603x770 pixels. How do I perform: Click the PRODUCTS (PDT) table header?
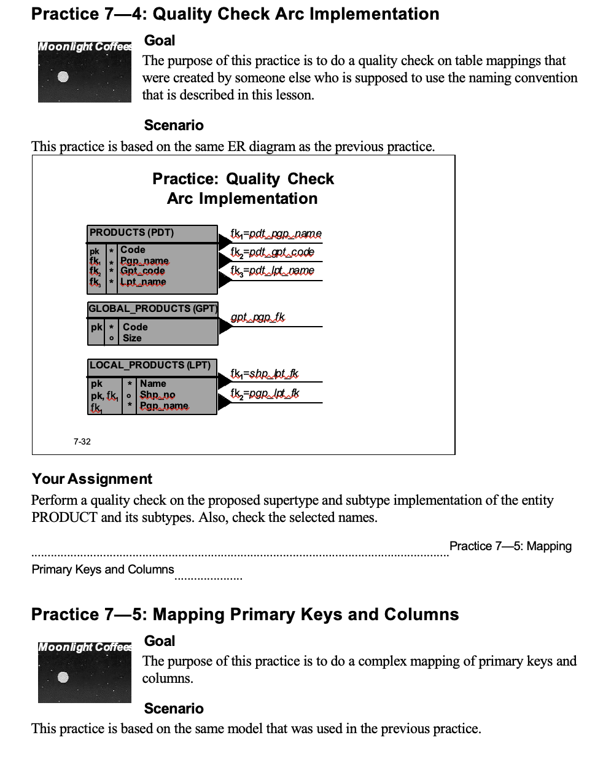pyautogui.click(x=132, y=233)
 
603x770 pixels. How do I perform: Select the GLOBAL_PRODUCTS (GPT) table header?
pyautogui.click(x=152, y=308)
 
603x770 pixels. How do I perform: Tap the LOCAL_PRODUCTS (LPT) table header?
pyautogui.click(x=150, y=365)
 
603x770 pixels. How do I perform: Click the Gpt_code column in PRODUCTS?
pyautogui.click(x=142, y=271)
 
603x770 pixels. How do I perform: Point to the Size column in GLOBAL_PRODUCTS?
pyautogui.click(x=132, y=338)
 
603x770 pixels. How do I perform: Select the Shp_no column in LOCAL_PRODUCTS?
pyautogui.click(x=157, y=395)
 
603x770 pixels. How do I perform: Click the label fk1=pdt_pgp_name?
pyautogui.click(x=276, y=234)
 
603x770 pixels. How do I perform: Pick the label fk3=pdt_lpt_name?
pyautogui.click(x=272, y=271)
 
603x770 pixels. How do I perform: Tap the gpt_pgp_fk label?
pyautogui.click(x=258, y=317)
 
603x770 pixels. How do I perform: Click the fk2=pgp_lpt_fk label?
pyautogui.click(x=265, y=393)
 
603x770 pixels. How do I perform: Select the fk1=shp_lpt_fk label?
pyautogui.click(x=264, y=373)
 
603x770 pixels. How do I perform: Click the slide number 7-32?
pyautogui.click(x=82, y=441)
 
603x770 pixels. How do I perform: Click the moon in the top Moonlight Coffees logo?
pyautogui.click(x=63, y=77)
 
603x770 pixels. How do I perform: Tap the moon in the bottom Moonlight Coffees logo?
pyautogui.click(x=63, y=677)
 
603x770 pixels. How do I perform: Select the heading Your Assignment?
pyautogui.click(x=91, y=479)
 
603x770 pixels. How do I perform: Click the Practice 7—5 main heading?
pyautogui.click(x=244, y=615)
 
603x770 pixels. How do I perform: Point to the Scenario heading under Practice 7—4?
pyautogui.click(x=173, y=125)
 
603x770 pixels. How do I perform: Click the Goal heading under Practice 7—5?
pyautogui.click(x=160, y=641)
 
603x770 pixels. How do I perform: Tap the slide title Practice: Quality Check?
pyautogui.click(x=243, y=179)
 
